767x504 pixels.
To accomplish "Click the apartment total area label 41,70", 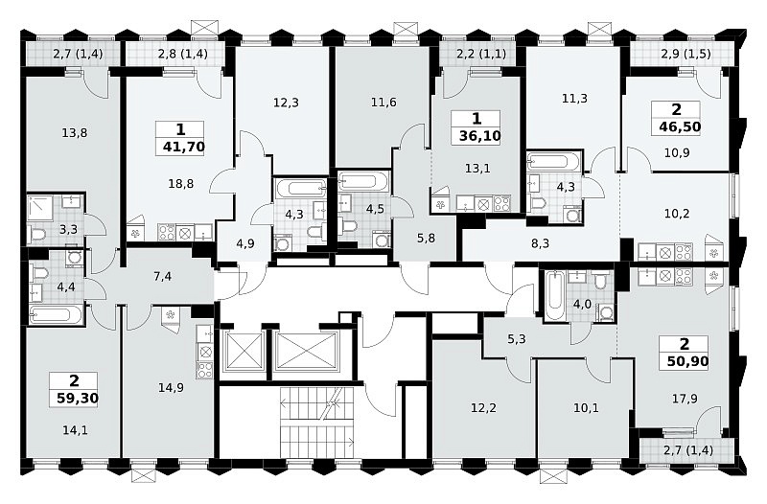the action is pos(183,147).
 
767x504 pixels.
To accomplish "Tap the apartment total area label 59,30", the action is pos(78,398).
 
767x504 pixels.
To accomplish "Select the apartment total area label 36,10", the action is pos(480,135).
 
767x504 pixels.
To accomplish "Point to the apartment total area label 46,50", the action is pos(680,126).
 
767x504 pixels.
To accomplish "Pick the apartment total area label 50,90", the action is pos(687,361).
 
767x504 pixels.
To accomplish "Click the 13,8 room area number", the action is pos(75,132).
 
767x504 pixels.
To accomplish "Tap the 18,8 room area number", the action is pos(180,183).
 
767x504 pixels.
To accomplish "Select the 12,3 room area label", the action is pos(286,103).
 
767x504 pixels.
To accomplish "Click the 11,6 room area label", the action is pos(383,103).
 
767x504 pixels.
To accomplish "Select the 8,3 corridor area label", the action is pos(540,243).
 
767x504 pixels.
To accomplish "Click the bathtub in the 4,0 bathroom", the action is pos(554,296).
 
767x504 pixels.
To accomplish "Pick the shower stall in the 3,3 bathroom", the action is pos(42,209).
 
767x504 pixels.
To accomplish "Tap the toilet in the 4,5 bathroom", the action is pos(350,226).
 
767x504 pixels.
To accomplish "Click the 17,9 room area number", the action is pos(685,399).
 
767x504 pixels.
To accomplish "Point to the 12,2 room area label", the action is pos(483,407).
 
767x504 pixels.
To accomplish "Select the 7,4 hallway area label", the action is pos(162,277).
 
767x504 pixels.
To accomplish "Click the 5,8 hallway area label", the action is pos(426,239).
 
